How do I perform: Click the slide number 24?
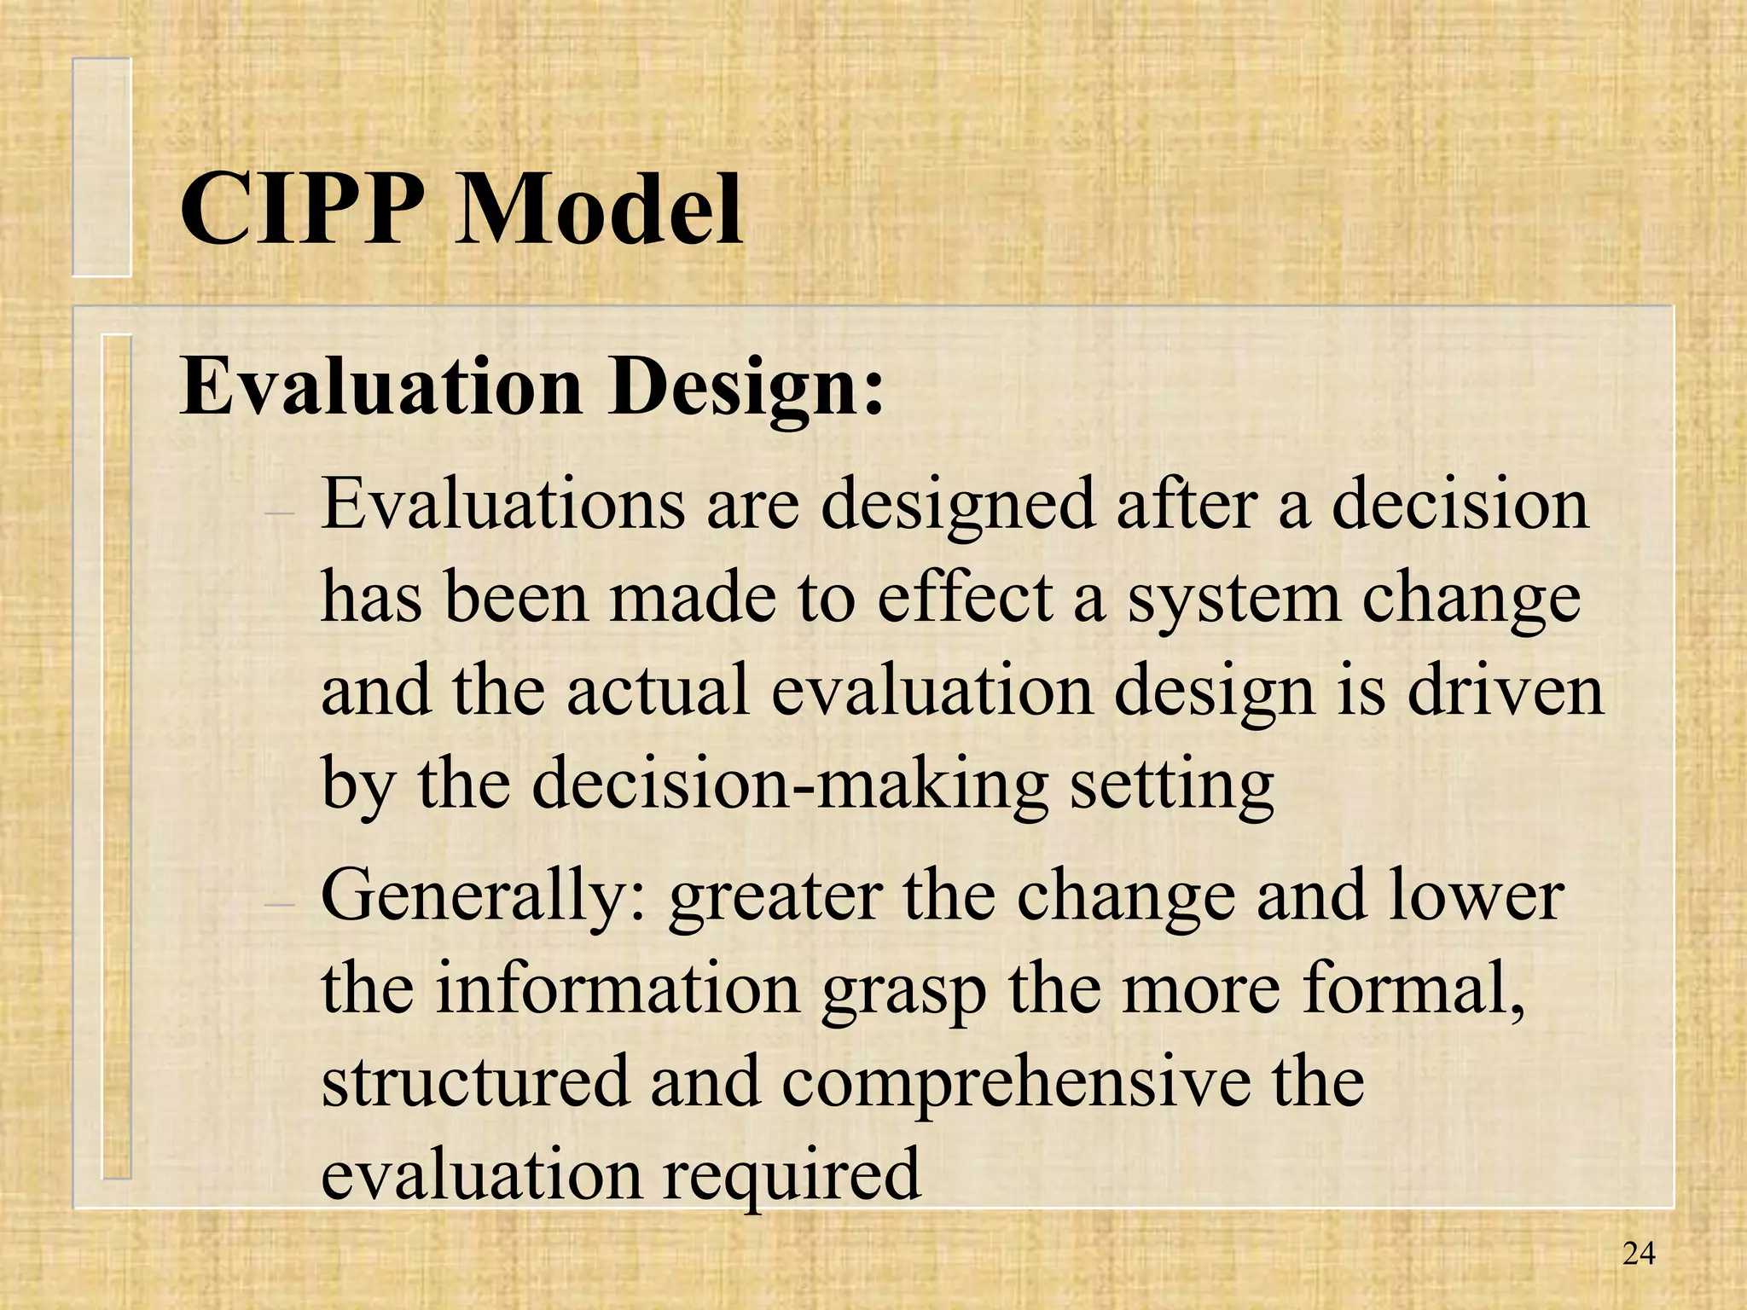(x=1638, y=1253)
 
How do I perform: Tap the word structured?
(x=474, y=1081)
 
